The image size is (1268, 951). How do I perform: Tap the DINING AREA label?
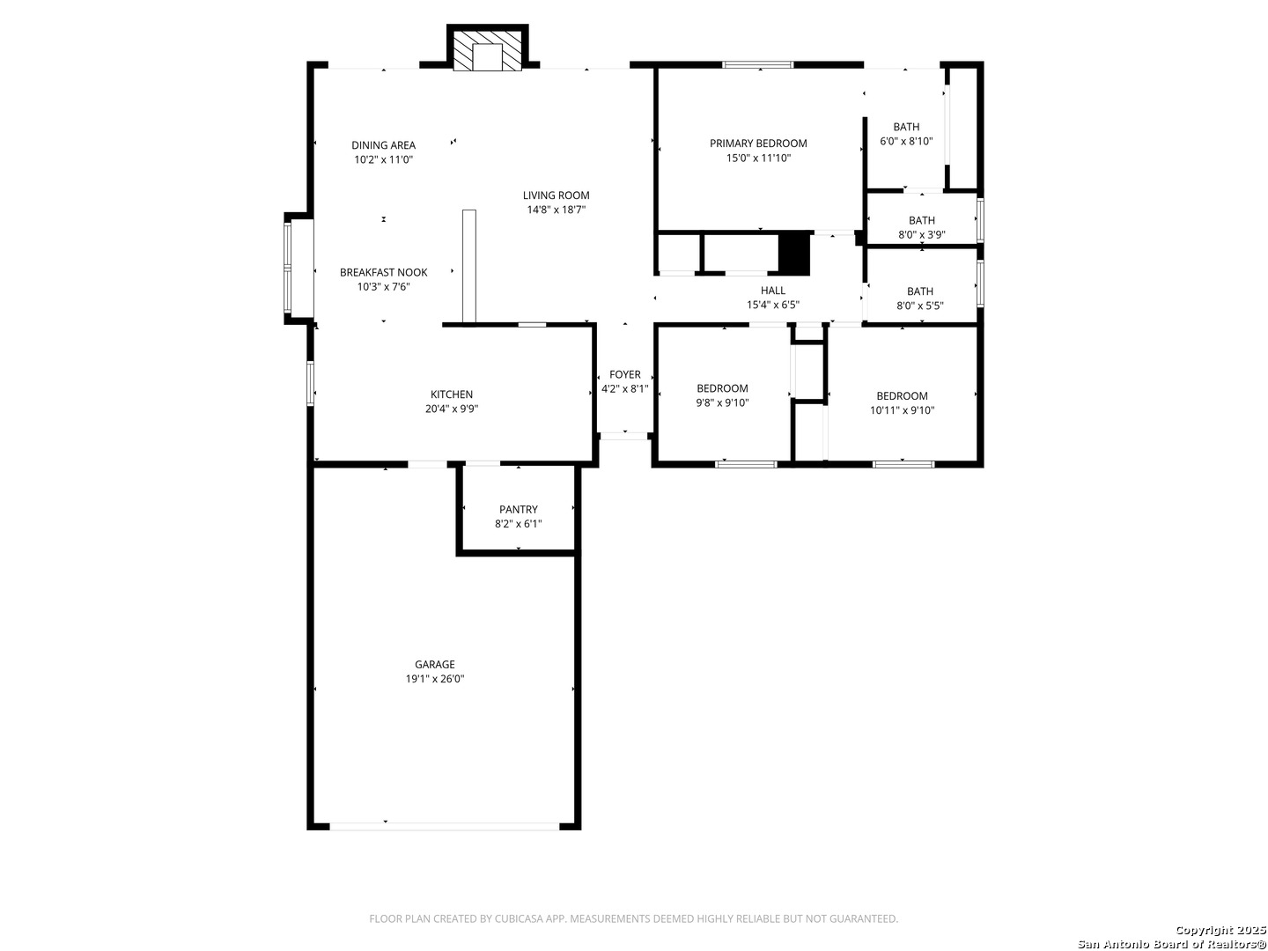pos(384,145)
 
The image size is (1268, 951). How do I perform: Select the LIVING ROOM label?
pos(556,195)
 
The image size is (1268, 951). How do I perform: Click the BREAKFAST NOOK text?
pos(384,273)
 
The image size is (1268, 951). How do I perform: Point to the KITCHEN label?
pos(451,394)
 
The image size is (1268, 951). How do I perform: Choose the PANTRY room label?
pos(518,509)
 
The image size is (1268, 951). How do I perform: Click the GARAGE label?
pos(434,664)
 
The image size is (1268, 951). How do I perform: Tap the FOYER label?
pos(624,375)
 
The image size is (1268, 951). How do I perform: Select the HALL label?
pos(772,291)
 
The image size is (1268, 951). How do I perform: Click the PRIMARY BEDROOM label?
pos(758,144)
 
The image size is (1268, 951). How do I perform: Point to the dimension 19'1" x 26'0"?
pos(434,679)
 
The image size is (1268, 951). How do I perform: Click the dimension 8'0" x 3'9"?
pos(921,235)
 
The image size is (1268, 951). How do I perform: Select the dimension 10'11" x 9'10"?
pos(902,410)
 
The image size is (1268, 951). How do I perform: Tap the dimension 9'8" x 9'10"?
pos(722,403)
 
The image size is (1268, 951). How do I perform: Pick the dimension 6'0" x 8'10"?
pos(906,142)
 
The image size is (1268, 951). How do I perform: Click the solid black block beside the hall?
pos(794,253)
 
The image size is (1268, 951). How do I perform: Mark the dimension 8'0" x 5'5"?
pos(919,306)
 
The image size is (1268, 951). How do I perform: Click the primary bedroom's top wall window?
pos(758,64)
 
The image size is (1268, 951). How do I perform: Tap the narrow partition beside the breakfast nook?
pos(469,266)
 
